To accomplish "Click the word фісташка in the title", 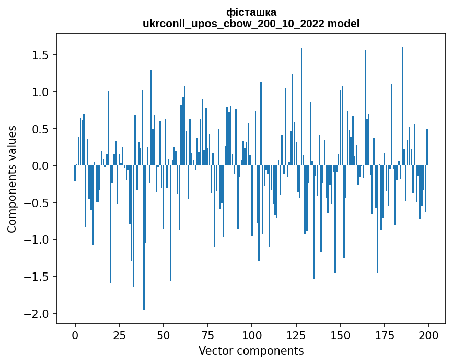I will pyautogui.click(x=251, y=12).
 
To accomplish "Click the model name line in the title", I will pyautogui.click(x=251, y=24).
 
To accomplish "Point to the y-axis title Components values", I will pyautogui.click(x=11, y=179).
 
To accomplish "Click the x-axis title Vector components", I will pyautogui.click(x=251, y=350).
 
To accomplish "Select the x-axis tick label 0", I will pyautogui.click(x=75, y=335).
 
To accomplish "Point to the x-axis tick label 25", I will pyautogui.click(x=119, y=335).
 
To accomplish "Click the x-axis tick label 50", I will pyautogui.click(x=163, y=335).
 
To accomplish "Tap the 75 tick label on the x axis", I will pyautogui.click(x=207, y=335).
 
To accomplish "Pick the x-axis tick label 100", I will pyautogui.click(x=252, y=335).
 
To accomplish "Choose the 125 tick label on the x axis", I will pyautogui.click(x=296, y=335).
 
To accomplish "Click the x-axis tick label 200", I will pyautogui.click(x=428, y=335).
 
